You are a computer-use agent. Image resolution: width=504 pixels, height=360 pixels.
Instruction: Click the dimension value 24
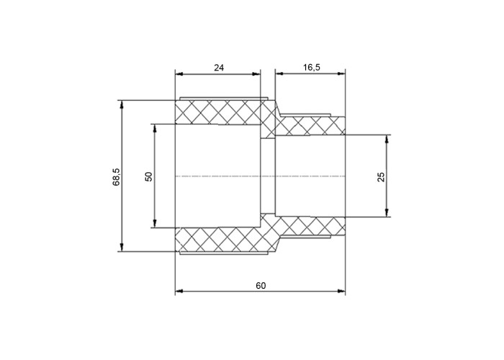tap(219, 68)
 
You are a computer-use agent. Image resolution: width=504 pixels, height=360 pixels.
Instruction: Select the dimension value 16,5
tap(312, 68)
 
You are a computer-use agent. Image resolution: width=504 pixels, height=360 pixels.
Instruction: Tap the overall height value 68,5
tap(116, 177)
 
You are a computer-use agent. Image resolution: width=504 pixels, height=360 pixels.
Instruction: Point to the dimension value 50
tap(149, 176)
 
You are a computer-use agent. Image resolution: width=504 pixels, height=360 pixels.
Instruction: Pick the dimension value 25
tap(381, 177)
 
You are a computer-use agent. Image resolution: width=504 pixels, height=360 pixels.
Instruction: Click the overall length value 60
tap(261, 285)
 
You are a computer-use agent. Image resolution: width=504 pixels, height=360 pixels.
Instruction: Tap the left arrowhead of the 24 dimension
tap(179, 74)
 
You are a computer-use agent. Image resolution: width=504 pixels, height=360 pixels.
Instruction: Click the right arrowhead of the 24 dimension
tap(256, 74)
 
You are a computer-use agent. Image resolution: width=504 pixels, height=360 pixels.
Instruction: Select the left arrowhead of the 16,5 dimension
tap(279, 74)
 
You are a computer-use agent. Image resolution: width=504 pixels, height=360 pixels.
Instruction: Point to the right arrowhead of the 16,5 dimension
tap(341, 74)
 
